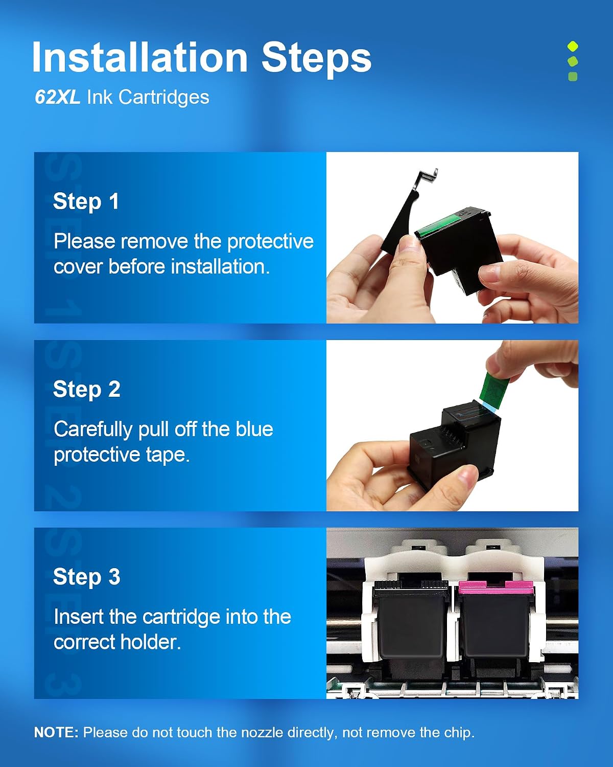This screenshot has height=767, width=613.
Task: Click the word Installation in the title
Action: [x=139, y=57]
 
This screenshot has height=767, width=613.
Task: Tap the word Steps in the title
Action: [x=317, y=59]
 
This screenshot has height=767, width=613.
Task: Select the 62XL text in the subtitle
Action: [x=57, y=97]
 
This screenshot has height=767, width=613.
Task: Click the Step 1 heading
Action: [x=85, y=201]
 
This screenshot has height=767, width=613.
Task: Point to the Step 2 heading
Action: [x=86, y=389]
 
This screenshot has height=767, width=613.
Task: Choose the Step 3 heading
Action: [x=86, y=577]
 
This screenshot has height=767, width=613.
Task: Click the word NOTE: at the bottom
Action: [x=56, y=732]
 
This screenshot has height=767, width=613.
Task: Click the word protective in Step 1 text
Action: [x=270, y=242]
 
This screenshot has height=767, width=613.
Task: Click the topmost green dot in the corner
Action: [x=573, y=47]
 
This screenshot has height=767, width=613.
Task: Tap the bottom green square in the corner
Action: [x=573, y=76]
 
